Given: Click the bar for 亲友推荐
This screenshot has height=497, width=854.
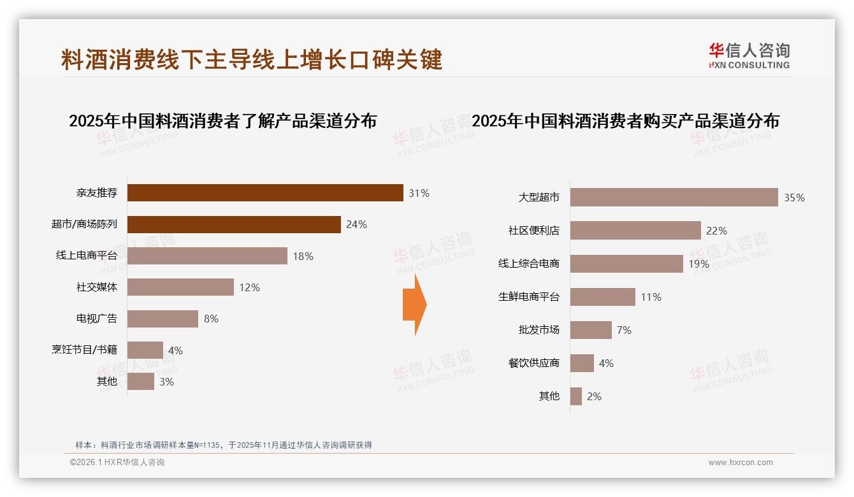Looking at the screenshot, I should [265, 192].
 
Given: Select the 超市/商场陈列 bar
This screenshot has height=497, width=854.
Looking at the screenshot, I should [234, 224].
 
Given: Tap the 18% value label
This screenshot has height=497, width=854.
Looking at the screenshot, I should [303, 256].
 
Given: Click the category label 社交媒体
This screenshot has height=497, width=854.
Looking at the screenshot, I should [97, 287].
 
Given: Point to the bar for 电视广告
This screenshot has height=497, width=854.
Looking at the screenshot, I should [163, 319].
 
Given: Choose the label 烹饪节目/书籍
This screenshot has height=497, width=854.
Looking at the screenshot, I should [84, 350].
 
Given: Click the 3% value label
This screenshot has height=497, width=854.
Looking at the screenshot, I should [166, 382].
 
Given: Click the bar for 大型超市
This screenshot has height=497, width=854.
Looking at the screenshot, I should [674, 198].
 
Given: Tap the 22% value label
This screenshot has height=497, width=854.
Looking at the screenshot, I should [716, 231].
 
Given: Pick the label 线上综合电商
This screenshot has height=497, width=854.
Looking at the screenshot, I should [528, 264].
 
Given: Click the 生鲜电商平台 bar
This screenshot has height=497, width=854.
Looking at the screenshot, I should [602, 297].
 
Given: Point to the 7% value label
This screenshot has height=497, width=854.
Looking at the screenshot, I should [624, 330].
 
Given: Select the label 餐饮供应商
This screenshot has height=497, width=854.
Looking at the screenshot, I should [533, 363].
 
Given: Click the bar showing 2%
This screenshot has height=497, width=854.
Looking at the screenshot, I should [575, 396].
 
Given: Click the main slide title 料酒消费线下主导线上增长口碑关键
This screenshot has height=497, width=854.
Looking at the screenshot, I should [252, 60].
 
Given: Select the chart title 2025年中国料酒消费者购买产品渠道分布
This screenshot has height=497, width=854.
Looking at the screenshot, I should [625, 121].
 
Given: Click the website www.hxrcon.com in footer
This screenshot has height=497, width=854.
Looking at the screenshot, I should [741, 463].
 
